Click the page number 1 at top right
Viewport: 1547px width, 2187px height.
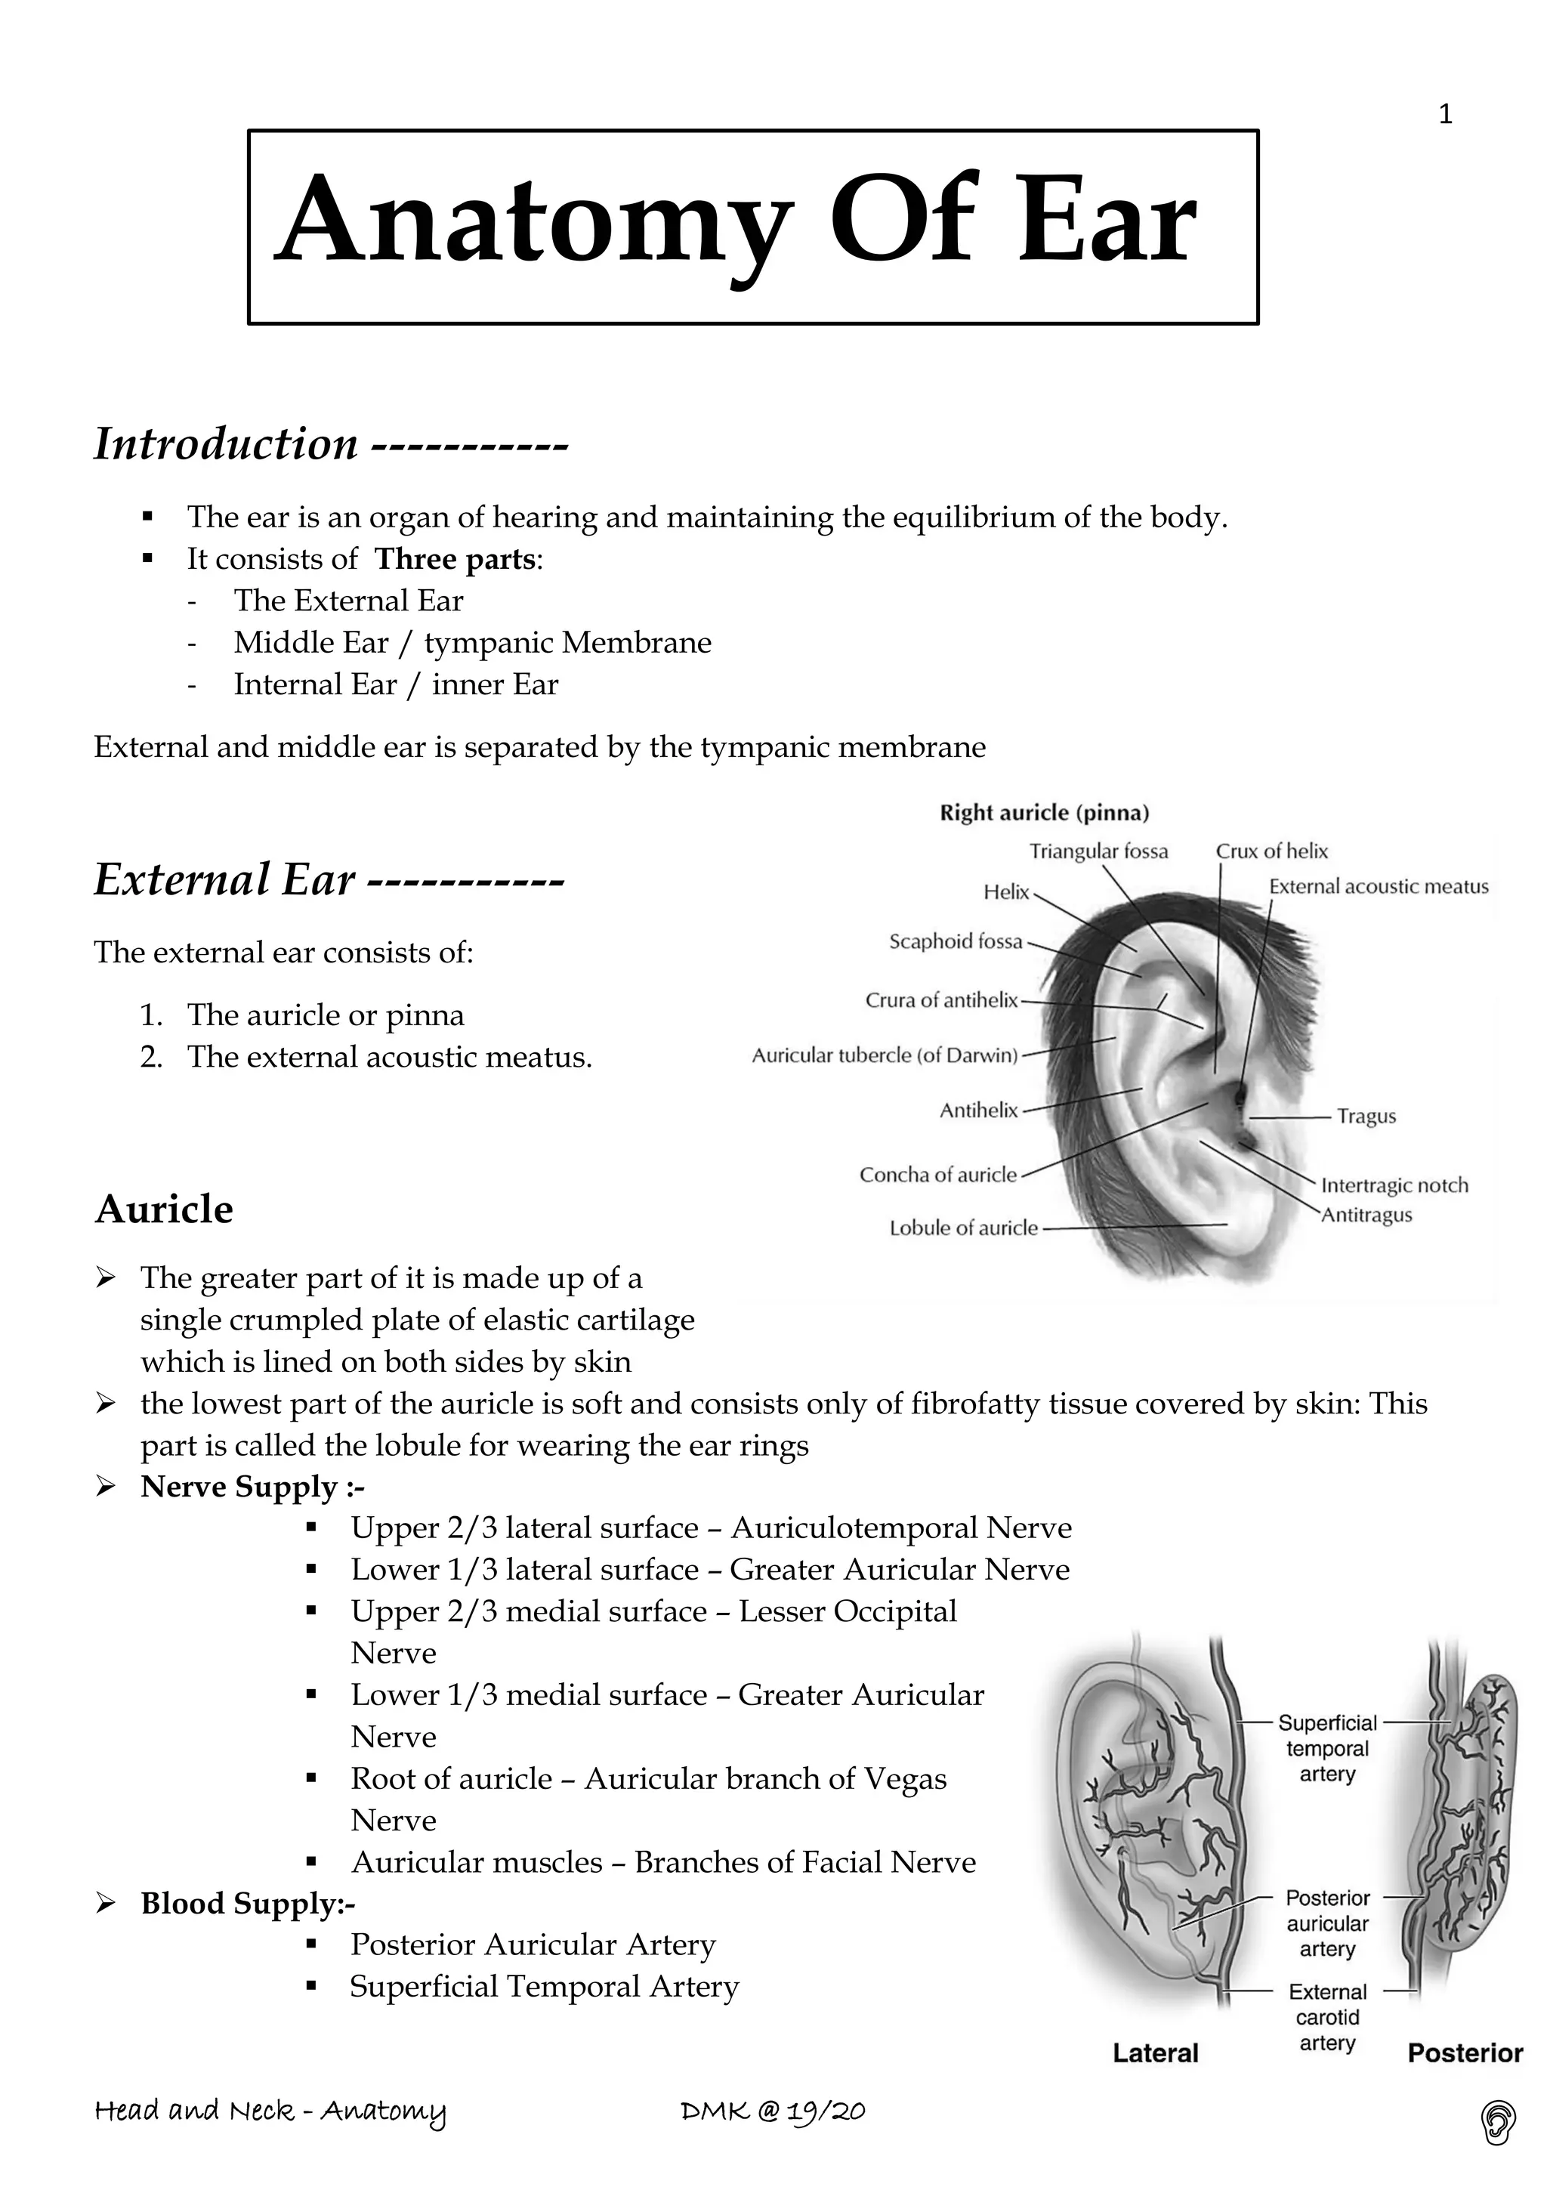pos(1445,116)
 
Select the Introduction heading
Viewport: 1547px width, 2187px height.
pos(227,444)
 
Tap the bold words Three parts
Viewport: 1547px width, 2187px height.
pos(455,559)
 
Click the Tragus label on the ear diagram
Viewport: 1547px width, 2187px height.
pos(1366,1117)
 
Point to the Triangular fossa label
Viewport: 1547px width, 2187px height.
pos(1098,851)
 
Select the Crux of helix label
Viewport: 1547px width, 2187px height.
pos(1271,851)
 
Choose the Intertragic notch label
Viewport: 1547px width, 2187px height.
pos(1394,1186)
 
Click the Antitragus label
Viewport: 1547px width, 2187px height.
pos(1366,1216)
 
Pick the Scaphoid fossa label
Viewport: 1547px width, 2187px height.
pos(956,942)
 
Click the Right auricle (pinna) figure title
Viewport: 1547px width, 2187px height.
pos(1044,813)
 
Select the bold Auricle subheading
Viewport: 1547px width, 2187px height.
pos(164,1209)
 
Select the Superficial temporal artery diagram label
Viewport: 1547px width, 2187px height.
pos(1327,1748)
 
